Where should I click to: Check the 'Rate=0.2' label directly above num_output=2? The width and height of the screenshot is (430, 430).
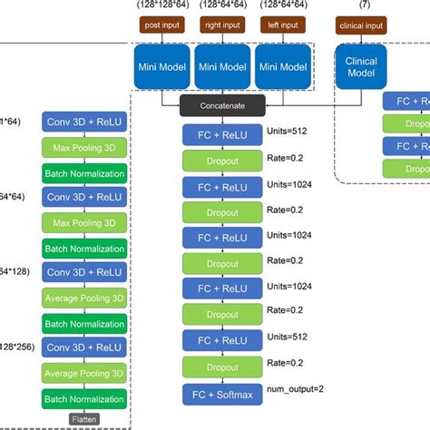[284, 364]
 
